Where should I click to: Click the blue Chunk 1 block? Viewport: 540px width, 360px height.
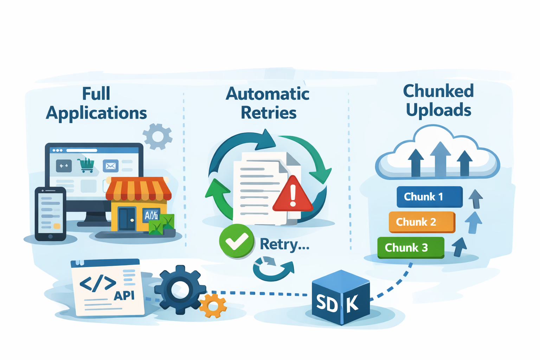(x=429, y=197)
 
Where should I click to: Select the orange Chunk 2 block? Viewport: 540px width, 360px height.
(x=422, y=222)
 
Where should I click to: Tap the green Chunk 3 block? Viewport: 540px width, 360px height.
(x=410, y=247)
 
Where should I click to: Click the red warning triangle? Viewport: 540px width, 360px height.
(x=292, y=195)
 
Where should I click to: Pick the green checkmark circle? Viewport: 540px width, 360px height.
(x=237, y=241)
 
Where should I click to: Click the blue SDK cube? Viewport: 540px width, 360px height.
(x=340, y=298)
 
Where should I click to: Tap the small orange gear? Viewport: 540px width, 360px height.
(x=213, y=306)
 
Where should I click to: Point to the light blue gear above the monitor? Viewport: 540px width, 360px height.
(x=157, y=136)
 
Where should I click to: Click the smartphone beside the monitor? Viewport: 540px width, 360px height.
(x=51, y=214)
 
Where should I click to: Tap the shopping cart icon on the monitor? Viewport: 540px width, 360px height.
(x=86, y=165)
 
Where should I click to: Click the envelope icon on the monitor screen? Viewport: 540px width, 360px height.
(x=110, y=166)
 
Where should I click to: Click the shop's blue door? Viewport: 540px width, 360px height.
(x=127, y=219)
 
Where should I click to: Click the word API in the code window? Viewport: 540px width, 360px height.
(x=124, y=296)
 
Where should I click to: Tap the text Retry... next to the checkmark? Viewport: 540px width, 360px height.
(x=284, y=244)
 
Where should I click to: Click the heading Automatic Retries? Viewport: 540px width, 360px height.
(x=268, y=103)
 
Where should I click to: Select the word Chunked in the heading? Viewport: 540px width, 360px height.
(x=438, y=91)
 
